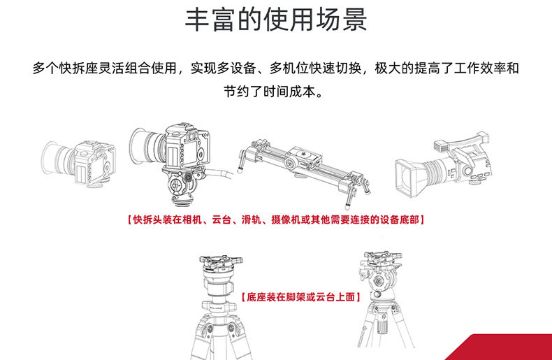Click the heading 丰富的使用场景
pos(276,20)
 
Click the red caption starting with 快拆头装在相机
pos(275,219)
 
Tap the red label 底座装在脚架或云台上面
pos(300,297)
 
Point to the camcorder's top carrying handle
pos(465,143)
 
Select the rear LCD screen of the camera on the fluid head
pos(173,157)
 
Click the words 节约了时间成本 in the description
pos(269,92)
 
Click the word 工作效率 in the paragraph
pos(480,69)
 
